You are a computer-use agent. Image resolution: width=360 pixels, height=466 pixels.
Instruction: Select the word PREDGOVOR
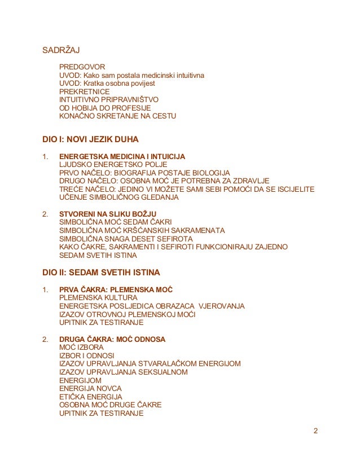pos(82,67)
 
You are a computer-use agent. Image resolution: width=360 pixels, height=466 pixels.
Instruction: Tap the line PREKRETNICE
pos(84,91)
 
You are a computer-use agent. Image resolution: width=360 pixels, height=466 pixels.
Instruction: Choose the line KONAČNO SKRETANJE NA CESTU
pos(117,116)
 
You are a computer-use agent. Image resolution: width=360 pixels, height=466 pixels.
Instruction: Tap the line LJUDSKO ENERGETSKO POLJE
pos(109,164)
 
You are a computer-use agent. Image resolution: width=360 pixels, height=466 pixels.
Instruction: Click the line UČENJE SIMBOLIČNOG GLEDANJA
pos(118,197)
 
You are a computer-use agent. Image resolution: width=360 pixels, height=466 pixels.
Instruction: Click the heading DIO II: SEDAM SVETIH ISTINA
pos(102,272)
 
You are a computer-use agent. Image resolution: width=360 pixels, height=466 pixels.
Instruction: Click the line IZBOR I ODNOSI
pos(86,355)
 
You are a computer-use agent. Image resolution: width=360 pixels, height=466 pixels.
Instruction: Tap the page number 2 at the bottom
pos(315,432)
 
